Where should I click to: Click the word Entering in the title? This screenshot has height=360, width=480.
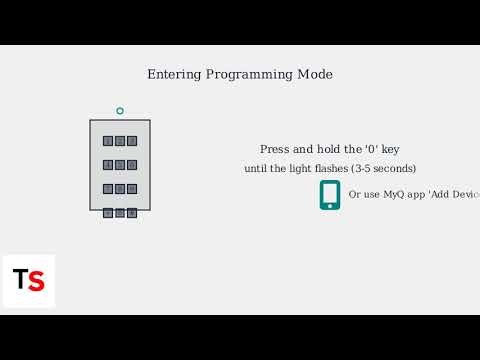click(x=173, y=75)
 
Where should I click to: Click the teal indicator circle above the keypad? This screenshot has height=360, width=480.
click(x=120, y=111)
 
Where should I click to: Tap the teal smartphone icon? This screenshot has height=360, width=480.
click(x=330, y=194)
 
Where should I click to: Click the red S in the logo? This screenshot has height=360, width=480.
click(x=36, y=281)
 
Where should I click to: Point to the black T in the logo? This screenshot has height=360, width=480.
click(x=20, y=280)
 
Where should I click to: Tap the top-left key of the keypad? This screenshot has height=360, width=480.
click(x=108, y=141)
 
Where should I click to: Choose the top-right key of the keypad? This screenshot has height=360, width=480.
click(x=132, y=141)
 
